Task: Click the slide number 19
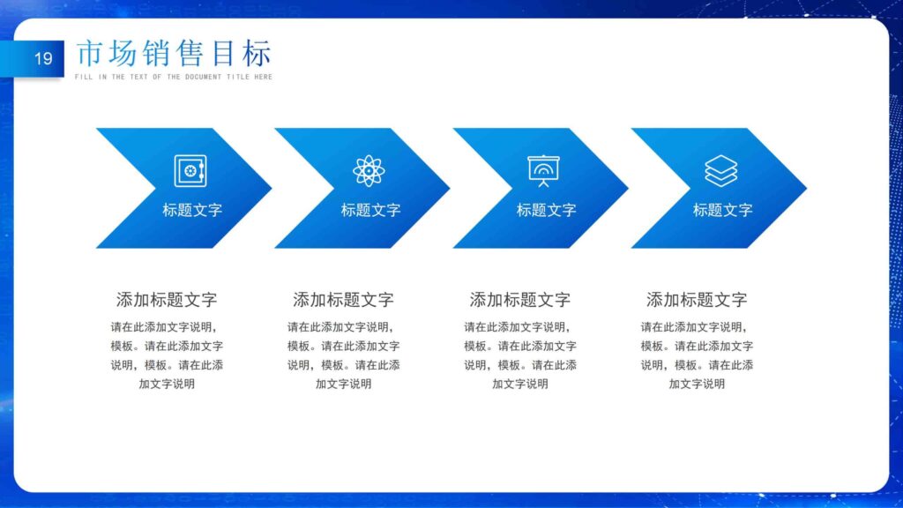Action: tap(43, 59)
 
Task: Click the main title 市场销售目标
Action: tap(173, 54)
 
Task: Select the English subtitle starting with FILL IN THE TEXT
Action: tap(174, 78)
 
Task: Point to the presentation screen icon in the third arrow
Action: tap(544, 170)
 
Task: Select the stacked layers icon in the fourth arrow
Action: tap(721, 170)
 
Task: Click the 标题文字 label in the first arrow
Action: tap(192, 210)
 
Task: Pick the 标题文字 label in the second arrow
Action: tap(370, 210)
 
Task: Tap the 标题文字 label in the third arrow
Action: tap(546, 210)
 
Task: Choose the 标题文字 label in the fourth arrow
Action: tap(722, 210)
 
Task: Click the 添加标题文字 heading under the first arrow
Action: tap(167, 299)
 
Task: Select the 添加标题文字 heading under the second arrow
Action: tap(343, 299)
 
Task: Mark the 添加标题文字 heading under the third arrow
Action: tap(520, 299)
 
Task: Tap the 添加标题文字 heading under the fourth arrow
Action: tap(697, 299)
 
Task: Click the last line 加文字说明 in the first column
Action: tap(167, 384)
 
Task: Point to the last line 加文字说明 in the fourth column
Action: tap(697, 384)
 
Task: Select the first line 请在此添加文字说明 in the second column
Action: tap(343, 326)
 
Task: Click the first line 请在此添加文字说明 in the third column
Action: tap(520, 326)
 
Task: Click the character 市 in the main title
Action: tap(90, 54)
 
